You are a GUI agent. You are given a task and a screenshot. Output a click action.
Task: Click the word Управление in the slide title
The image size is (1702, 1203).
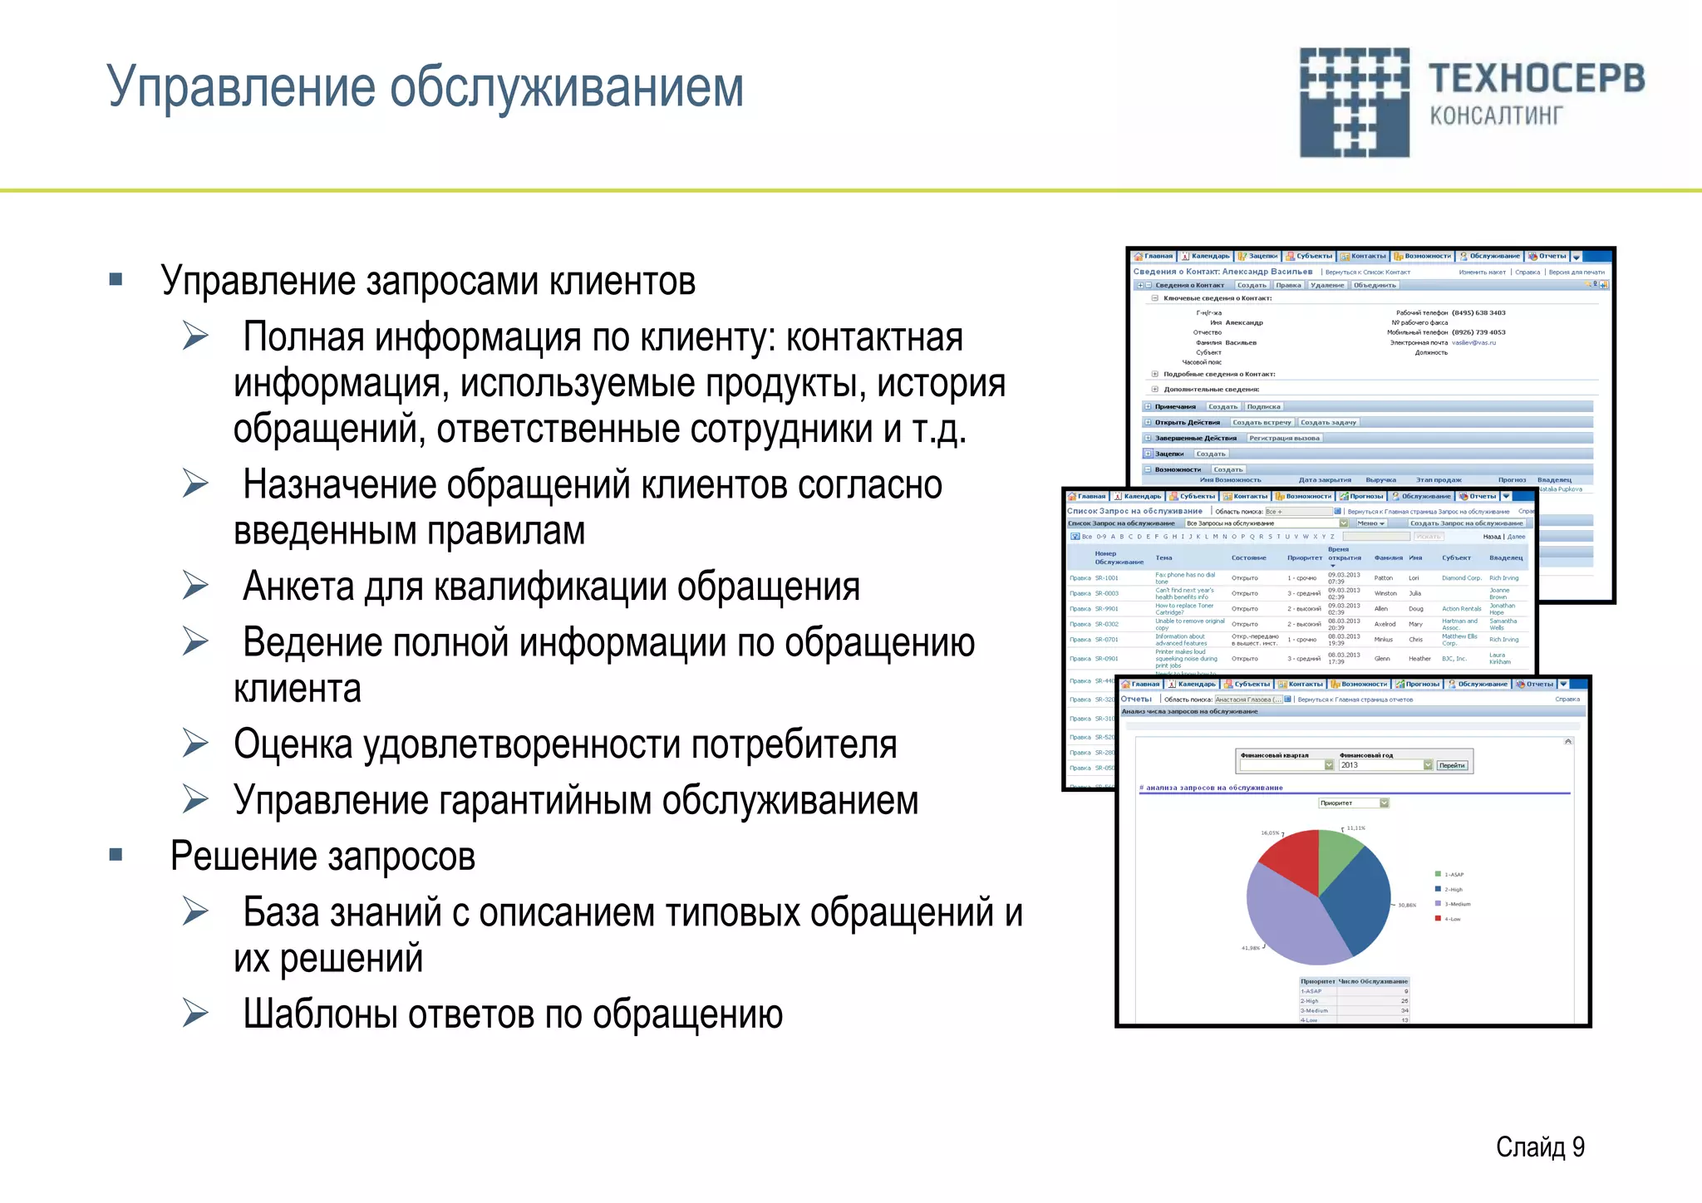click(241, 87)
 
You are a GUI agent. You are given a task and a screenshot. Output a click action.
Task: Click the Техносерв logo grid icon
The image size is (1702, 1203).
click(1354, 102)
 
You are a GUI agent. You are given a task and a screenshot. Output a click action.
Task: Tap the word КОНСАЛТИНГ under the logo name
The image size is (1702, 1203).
click(1496, 115)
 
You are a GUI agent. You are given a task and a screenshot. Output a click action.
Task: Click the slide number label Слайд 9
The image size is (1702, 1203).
click(1539, 1147)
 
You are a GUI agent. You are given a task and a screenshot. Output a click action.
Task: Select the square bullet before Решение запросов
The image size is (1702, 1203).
click(116, 855)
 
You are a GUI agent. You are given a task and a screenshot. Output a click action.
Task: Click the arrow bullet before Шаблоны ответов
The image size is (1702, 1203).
click(196, 1013)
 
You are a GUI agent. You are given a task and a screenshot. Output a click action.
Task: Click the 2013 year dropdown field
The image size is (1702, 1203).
click(1380, 765)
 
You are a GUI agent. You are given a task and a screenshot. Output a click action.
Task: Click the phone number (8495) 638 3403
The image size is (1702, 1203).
click(1478, 313)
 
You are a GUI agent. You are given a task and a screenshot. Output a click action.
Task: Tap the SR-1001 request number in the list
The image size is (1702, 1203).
click(1106, 578)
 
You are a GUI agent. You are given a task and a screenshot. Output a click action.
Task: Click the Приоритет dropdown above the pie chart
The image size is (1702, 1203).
click(1353, 803)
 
